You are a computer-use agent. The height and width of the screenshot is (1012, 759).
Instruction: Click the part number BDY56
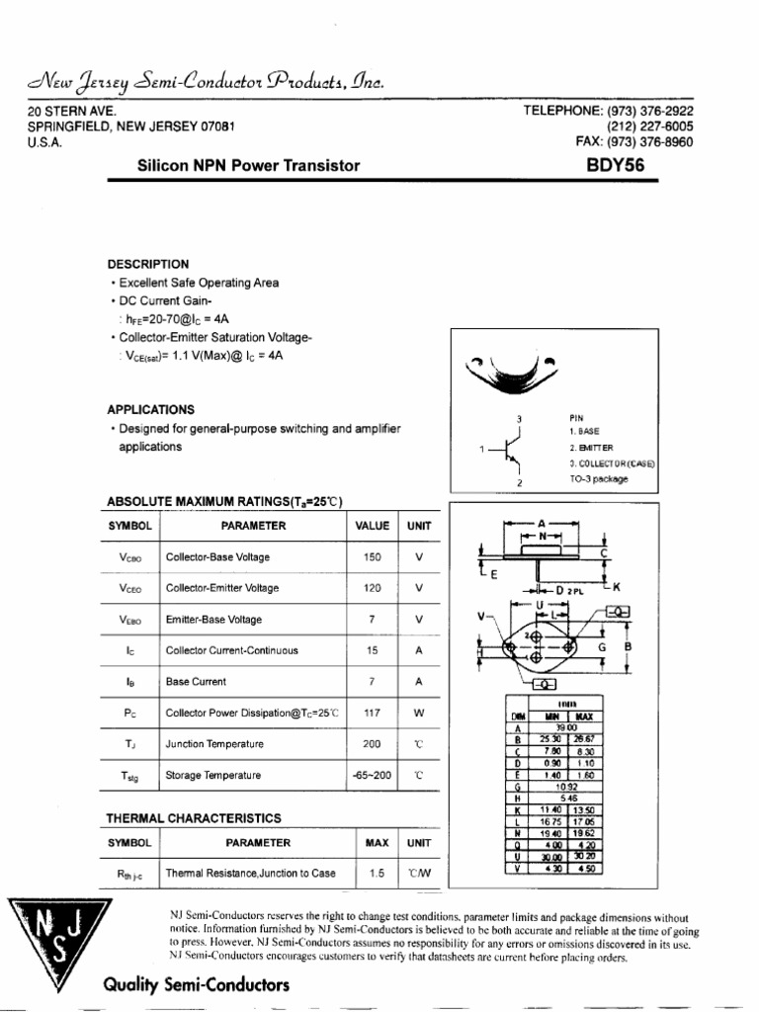point(616,166)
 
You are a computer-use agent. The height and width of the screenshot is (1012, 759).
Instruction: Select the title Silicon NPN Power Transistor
point(248,166)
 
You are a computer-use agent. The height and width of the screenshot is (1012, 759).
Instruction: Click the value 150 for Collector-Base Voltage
point(372,557)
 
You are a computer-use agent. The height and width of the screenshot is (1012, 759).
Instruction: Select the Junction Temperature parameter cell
point(214,744)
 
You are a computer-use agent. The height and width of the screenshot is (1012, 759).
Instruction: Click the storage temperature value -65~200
point(372,776)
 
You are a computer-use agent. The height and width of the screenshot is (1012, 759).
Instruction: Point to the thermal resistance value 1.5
point(376,873)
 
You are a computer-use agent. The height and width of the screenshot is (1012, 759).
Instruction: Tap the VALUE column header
point(372,526)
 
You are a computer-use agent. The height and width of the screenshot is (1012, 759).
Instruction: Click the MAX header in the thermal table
point(377,843)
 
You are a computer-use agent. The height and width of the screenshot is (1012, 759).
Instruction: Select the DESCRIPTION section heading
point(147,264)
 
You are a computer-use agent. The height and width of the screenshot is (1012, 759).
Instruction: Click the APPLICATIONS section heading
point(150,409)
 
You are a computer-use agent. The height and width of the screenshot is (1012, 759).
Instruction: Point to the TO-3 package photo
point(512,374)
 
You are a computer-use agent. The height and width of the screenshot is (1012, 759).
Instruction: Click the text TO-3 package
point(598,479)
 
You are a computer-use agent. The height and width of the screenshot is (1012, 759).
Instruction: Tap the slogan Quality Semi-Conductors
point(196,985)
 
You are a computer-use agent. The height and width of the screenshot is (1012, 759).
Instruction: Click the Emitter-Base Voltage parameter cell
point(213,620)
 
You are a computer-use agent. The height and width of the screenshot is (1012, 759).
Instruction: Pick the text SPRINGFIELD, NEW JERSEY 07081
point(130,126)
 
